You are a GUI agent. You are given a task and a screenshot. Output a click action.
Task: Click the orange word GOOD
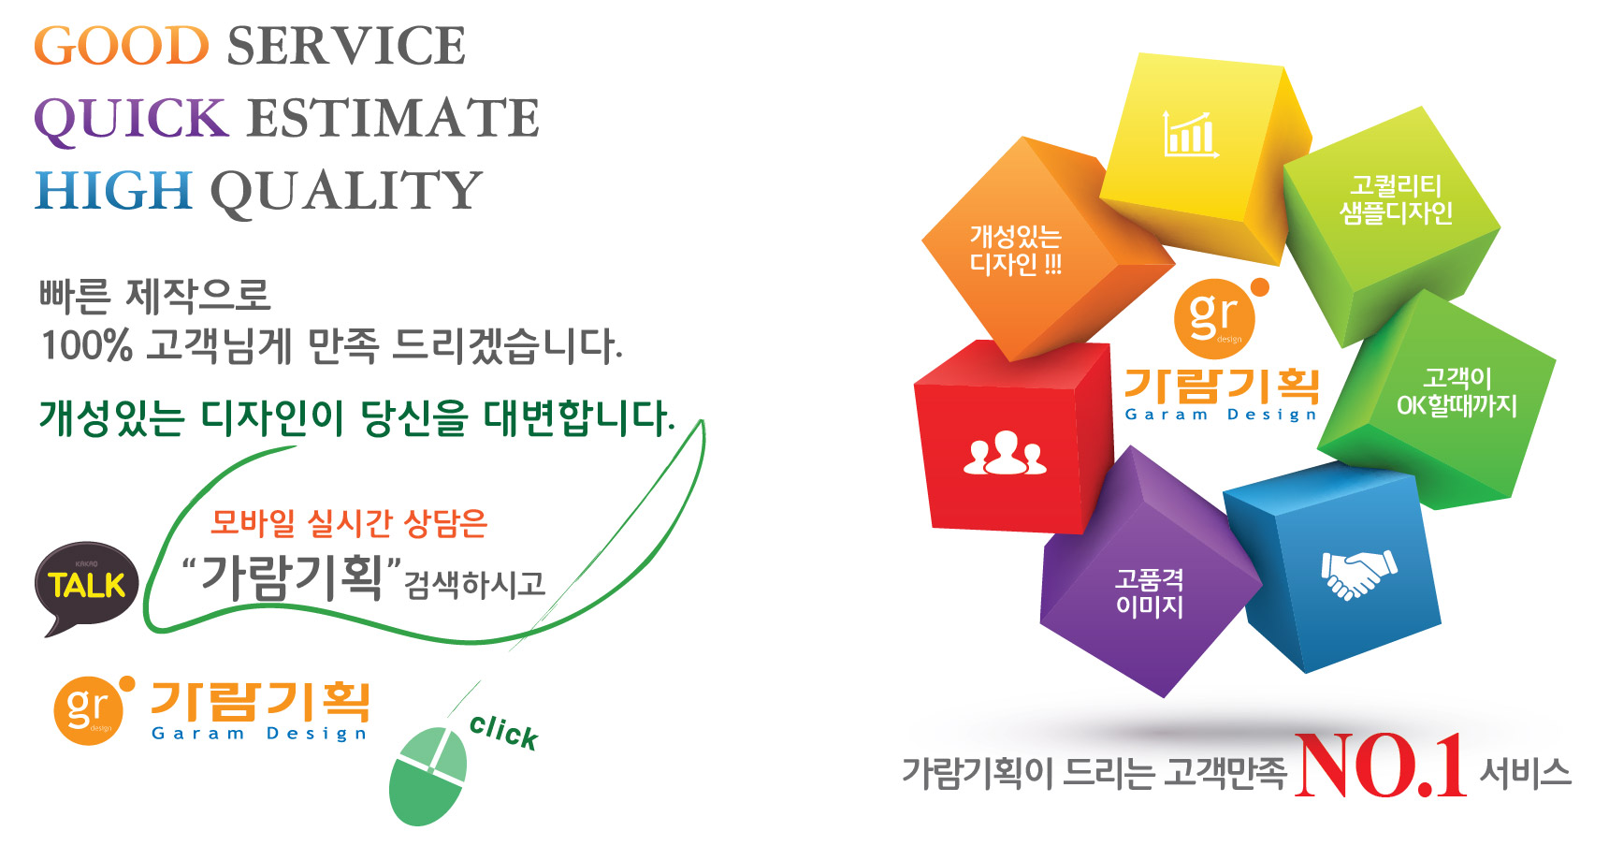pyautogui.click(x=122, y=46)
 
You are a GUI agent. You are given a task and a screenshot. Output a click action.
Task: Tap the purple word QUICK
pyautogui.click(x=131, y=119)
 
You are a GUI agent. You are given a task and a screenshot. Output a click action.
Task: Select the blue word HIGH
pyautogui.click(x=113, y=190)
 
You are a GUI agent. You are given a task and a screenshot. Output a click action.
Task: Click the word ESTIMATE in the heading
pyautogui.click(x=394, y=118)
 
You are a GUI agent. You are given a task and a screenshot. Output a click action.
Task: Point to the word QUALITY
pyautogui.click(x=346, y=192)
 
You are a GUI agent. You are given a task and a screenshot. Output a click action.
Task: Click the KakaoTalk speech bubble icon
pyautogui.click(x=87, y=588)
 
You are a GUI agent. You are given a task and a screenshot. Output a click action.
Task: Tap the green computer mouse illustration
pyautogui.click(x=428, y=777)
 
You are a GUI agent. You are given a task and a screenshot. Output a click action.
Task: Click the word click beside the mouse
pyautogui.click(x=504, y=732)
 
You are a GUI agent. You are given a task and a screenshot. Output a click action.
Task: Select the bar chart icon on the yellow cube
pyautogui.click(x=1190, y=133)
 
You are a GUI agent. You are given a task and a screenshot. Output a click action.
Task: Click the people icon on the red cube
pyautogui.click(x=1005, y=453)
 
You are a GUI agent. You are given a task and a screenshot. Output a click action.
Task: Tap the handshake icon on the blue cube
pyautogui.click(x=1358, y=574)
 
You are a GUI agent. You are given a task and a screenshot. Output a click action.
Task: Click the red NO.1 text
pyautogui.click(x=1381, y=766)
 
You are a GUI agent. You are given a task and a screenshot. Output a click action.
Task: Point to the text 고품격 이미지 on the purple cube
pyautogui.click(x=1150, y=592)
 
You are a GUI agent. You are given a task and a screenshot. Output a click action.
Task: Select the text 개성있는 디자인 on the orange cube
pyautogui.click(x=1016, y=250)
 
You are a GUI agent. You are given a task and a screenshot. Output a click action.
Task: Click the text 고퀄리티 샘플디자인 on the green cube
pyautogui.click(x=1396, y=199)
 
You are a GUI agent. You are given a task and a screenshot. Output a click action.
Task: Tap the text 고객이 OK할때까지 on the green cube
pyautogui.click(x=1457, y=391)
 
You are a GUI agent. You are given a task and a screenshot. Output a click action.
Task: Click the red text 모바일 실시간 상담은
pyautogui.click(x=349, y=523)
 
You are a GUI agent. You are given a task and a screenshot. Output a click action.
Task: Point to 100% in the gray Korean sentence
pyautogui.click(x=86, y=345)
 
